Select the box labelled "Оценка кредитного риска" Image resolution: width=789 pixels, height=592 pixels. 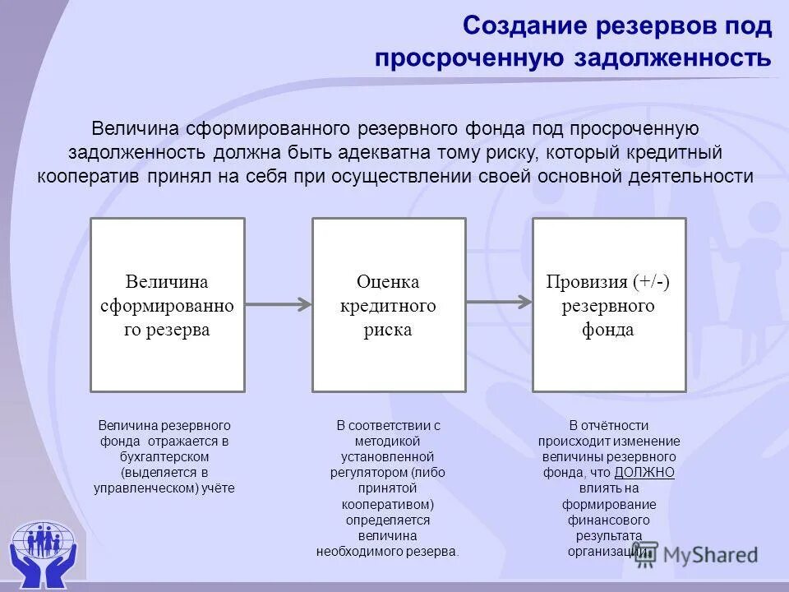[389, 305]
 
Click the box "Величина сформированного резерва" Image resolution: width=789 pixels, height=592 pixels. [168, 305]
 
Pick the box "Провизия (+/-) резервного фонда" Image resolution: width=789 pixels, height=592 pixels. [609, 305]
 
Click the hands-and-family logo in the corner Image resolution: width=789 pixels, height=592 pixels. [42, 546]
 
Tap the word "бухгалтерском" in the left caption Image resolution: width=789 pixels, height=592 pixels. [164, 456]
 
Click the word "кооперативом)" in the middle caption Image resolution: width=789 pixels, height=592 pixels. [388, 503]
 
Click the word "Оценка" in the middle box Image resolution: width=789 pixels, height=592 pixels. [388, 282]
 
